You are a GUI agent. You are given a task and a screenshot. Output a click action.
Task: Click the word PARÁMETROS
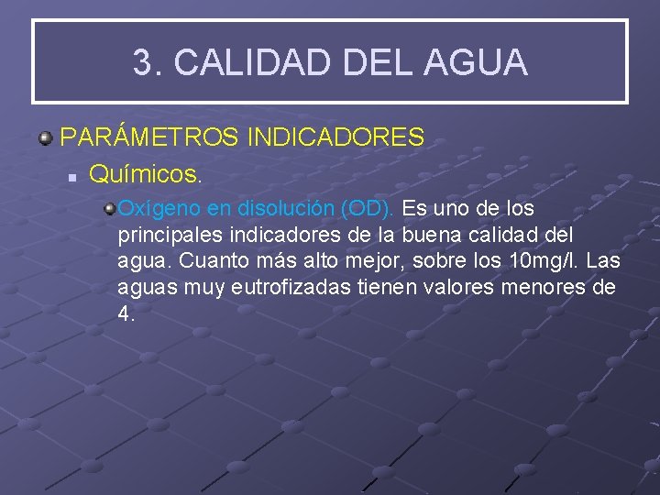click(x=148, y=137)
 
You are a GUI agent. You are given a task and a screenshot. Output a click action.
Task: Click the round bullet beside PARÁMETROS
click(x=44, y=138)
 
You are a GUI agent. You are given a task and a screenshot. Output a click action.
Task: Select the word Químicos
click(x=145, y=172)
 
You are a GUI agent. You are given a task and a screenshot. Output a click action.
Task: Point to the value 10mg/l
click(x=542, y=260)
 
